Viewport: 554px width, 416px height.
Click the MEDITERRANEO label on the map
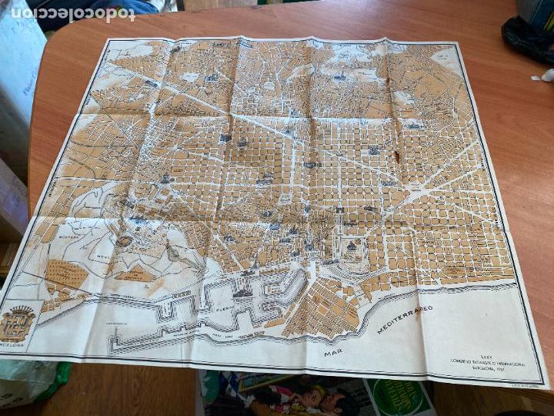(405, 320)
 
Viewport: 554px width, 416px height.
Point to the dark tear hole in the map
(397, 158)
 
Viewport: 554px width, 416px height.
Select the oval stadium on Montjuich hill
(124, 240)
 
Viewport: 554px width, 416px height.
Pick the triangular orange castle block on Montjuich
(131, 273)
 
